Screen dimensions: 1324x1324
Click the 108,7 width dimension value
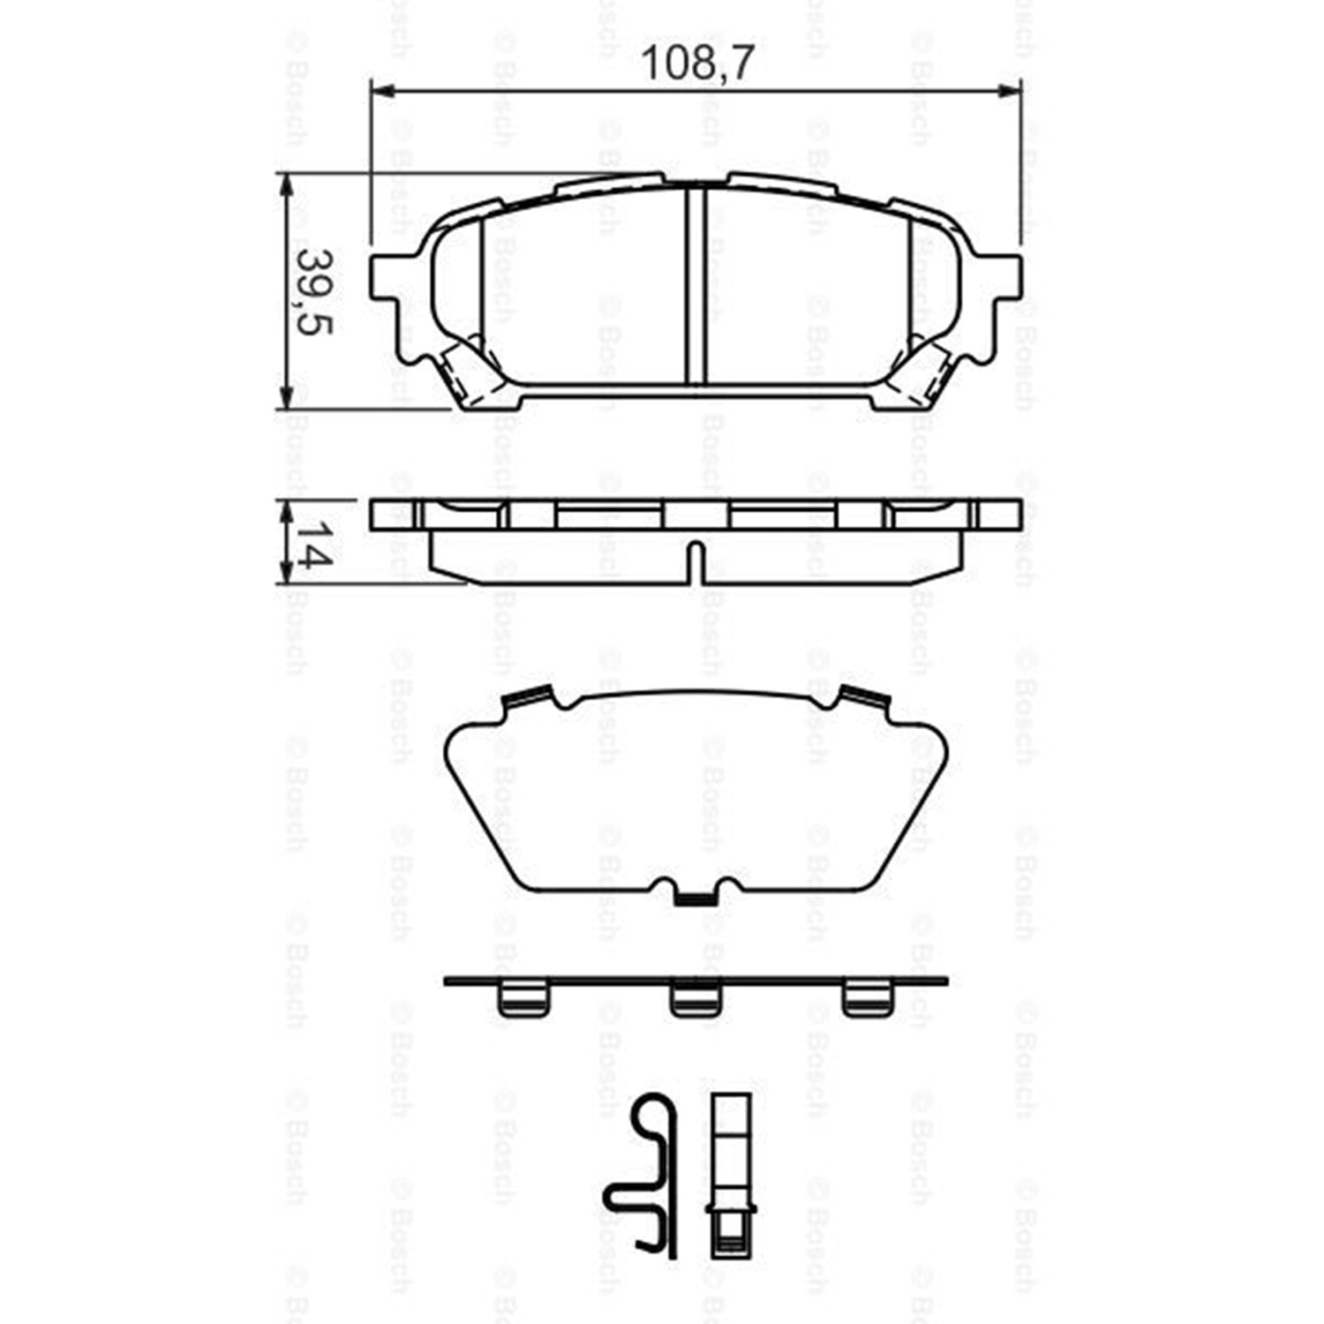[x=697, y=64]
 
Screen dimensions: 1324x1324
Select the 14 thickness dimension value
[x=312, y=544]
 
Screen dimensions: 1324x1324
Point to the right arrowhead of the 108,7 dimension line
[x=1011, y=89]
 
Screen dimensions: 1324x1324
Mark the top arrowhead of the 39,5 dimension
[x=285, y=184]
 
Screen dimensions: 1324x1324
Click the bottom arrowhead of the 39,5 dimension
[x=285, y=397]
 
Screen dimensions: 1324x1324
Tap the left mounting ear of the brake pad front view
[x=394, y=278]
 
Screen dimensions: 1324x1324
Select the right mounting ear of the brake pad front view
[x=1000, y=278]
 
